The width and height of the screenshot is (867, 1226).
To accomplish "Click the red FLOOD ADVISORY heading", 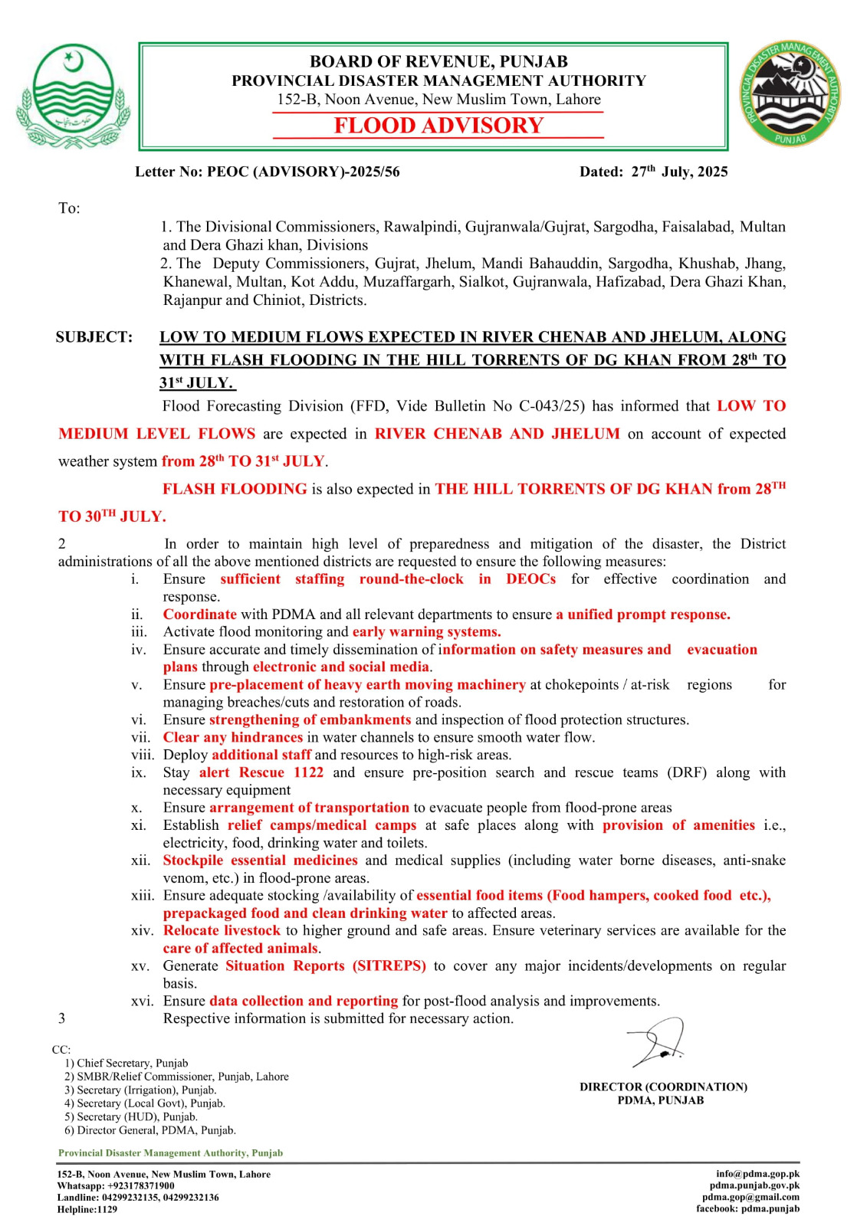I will tap(438, 126).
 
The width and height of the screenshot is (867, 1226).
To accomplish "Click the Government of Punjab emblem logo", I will tap(73, 96).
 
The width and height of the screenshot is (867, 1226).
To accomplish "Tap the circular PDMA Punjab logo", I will tap(790, 94).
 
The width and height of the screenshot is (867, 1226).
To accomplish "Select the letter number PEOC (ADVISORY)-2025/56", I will tap(304, 172).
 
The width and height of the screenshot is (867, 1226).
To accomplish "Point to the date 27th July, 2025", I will tap(679, 172).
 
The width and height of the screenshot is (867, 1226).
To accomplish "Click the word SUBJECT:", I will tap(94, 337).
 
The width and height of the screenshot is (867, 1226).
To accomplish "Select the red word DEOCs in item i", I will tap(530, 579).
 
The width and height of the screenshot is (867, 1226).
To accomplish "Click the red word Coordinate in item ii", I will tap(199, 615).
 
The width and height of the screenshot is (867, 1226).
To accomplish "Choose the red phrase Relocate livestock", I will tap(222, 930).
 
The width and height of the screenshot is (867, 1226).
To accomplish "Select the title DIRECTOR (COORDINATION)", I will tap(663, 1087).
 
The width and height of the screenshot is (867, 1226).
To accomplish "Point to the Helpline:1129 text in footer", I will tap(87, 1209).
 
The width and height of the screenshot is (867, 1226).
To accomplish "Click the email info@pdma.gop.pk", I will tap(757, 1174).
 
